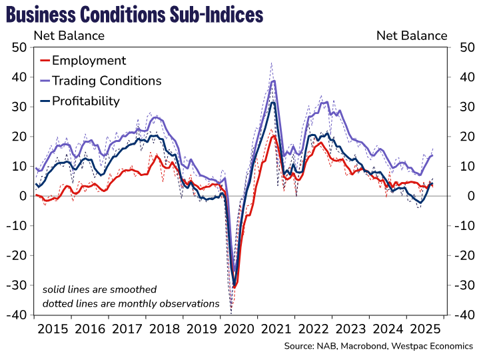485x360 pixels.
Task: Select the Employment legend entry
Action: point(89,61)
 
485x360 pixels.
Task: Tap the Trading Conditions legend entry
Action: point(107,81)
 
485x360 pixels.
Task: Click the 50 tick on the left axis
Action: point(19,47)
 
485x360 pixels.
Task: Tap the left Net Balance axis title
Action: point(69,35)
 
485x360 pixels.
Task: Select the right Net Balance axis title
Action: point(412,35)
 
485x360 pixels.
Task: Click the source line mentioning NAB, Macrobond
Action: point(378,346)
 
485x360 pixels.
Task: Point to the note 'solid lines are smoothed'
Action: point(99,290)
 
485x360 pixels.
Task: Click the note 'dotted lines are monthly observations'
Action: point(131,303)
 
